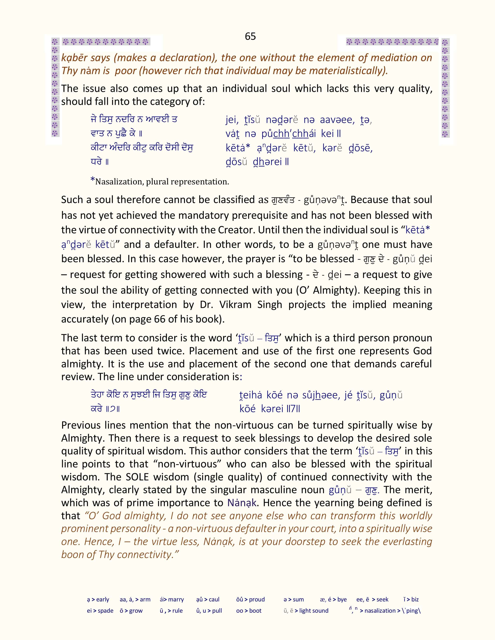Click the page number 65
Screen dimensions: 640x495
tap(250, 36)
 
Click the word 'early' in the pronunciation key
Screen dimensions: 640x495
tap(103, 599)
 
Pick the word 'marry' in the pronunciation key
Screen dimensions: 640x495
tap(176, 599)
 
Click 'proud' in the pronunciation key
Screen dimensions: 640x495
tap(257, 599)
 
